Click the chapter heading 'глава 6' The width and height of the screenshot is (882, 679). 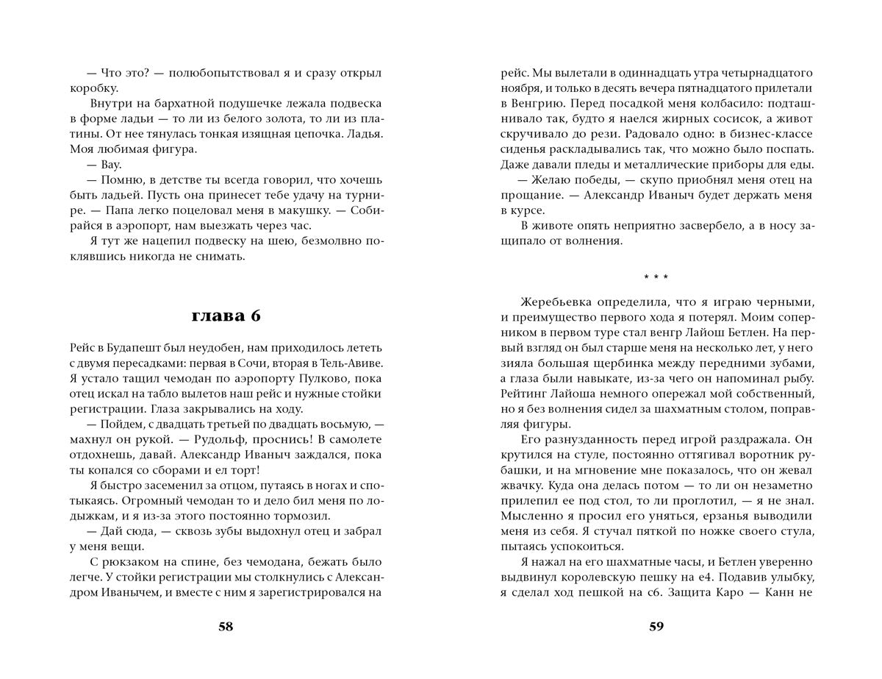point(226,316)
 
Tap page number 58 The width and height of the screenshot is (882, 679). point(226,627)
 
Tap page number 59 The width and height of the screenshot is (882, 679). point(656,627)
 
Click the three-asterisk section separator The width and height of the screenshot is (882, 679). point(656,278)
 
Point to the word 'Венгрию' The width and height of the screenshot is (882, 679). point(533,105)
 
